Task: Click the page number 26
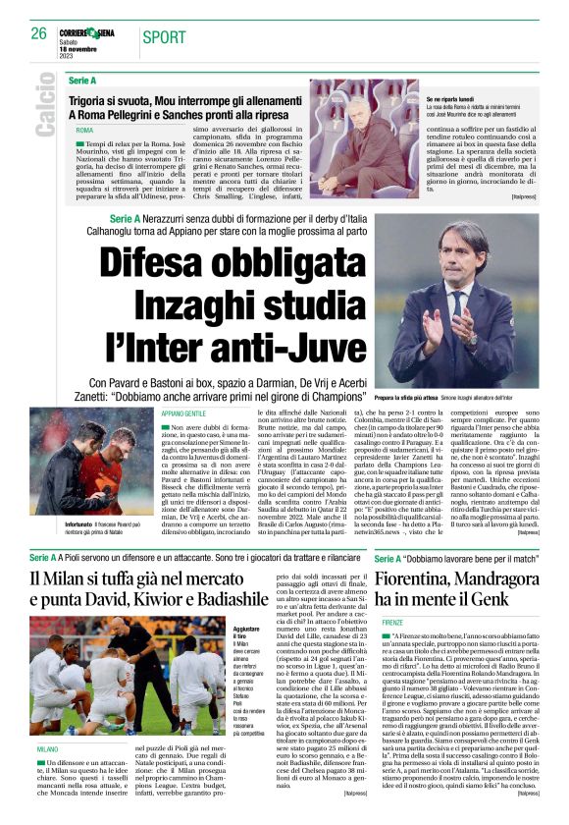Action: pos(38,33)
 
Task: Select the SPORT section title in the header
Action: pos(164,37)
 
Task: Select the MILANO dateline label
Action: pos(47,748)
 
